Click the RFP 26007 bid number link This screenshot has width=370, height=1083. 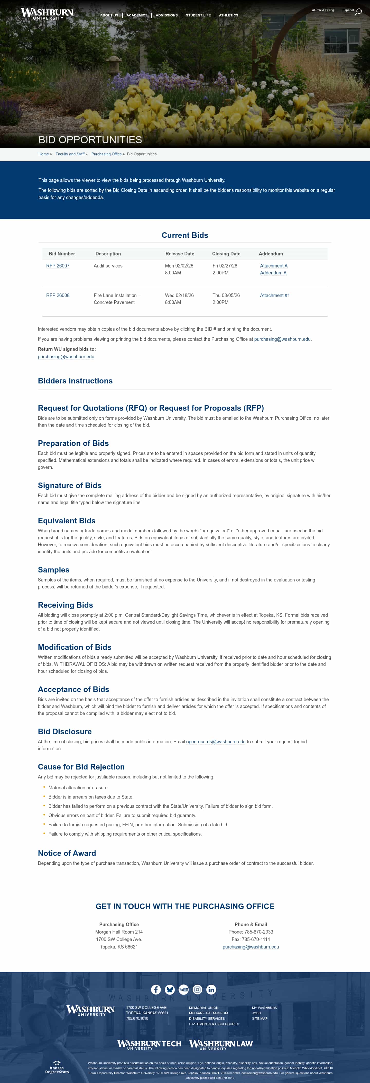(x=58, y=266)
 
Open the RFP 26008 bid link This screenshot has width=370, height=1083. (x=58, y=295)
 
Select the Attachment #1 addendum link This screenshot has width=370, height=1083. (x=275, y=295)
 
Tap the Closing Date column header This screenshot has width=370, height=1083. (x=226, y=254)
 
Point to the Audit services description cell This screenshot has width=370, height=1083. (x=108, y=266)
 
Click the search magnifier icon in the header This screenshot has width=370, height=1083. (x=358, y=12)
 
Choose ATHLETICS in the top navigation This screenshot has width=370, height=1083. (x=228, y=15)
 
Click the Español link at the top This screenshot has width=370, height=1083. (x=348, y=10)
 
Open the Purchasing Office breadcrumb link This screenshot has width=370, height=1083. (x=106, y=154)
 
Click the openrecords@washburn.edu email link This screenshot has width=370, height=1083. (x=216, y=742)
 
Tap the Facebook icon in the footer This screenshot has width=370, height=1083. (x=156, y=990)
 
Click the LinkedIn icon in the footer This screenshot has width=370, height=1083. (x=211, y=990)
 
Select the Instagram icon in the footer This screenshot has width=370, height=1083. (x=197, y=990)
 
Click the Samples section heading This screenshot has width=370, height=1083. (x=54, y=570)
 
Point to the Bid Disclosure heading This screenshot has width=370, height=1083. (x=65, y=731)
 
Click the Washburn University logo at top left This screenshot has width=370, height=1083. (x=47, y=13)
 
